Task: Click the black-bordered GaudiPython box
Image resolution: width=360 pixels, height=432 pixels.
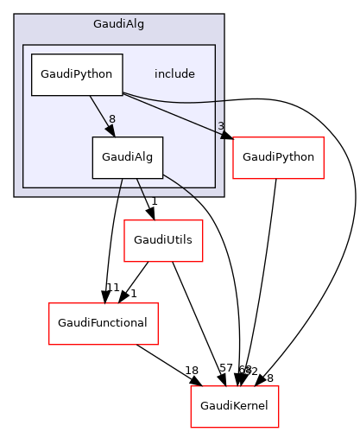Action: [x=77, y=74]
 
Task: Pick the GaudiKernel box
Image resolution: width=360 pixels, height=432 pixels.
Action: [x=234, y=404]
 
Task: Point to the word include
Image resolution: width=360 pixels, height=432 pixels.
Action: [x=174, y=74]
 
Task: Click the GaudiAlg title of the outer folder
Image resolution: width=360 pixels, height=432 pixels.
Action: [x=118, y=23]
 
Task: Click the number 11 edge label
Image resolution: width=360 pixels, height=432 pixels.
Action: [x=111, y=287]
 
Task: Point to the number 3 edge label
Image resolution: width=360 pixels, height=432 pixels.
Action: [x=221, y=126]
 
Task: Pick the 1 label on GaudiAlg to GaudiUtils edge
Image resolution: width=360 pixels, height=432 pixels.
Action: [x=154, y=202]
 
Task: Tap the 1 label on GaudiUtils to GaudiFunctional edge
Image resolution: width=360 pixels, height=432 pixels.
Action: [x=134, y=293]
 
